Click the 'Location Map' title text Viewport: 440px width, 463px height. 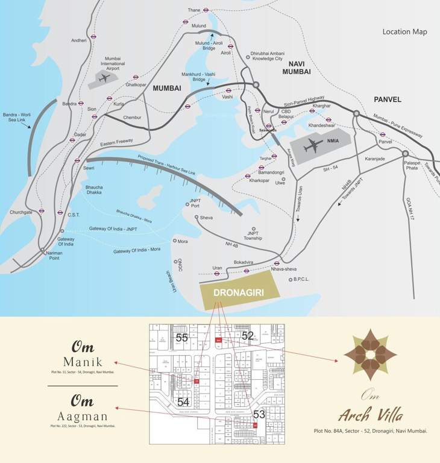point(404,31)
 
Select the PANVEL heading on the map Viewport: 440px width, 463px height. point(387,99)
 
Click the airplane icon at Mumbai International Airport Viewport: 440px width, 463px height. point(104,78)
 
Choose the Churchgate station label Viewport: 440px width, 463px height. point(21,212)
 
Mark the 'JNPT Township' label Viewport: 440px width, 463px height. point(253,235)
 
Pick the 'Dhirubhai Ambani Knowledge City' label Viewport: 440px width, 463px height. point(266,56)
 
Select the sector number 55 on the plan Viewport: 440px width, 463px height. point(182,338)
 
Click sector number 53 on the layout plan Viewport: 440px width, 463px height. point(259,414)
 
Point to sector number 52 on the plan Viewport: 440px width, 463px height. point(248,335)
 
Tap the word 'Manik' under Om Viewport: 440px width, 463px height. point(83,362)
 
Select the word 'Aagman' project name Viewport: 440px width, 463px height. point(83,416)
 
